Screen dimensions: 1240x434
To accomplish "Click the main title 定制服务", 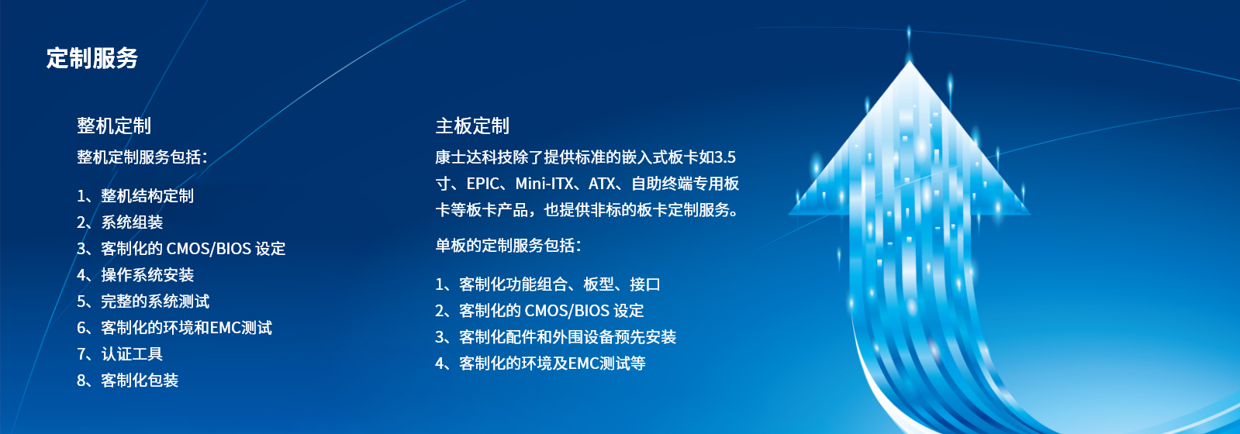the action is tap(92, 57).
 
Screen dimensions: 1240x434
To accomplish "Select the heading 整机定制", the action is tap(113, 126).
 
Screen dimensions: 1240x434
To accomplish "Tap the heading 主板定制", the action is tap(472, 126).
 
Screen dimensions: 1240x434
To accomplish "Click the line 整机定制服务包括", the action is tap(142, 157).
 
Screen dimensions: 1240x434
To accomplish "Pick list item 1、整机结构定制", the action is tap(135, 196).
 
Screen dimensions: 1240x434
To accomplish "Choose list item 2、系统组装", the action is tap(119, 222).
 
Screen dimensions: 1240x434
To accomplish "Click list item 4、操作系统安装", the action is tap(135, 275).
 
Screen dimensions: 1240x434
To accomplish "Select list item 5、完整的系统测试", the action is tap(143, 301).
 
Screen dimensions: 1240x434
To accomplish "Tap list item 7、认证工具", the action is tap(119, 354).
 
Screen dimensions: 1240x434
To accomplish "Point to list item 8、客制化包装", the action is tap(127, 381).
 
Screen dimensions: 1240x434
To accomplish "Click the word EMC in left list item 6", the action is tap(226, 329).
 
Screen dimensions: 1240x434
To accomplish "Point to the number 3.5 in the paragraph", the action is tap(724, 157).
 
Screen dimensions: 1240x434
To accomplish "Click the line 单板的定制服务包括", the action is tap(508, 245).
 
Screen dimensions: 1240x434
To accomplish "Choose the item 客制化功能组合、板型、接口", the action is tap(560, 284).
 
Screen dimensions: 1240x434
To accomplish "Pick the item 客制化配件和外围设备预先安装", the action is tap(568, 337).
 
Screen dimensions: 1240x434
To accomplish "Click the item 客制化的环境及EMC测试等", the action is tap(552, 363).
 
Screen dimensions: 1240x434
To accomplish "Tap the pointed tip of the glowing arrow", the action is tap(909, 61).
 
